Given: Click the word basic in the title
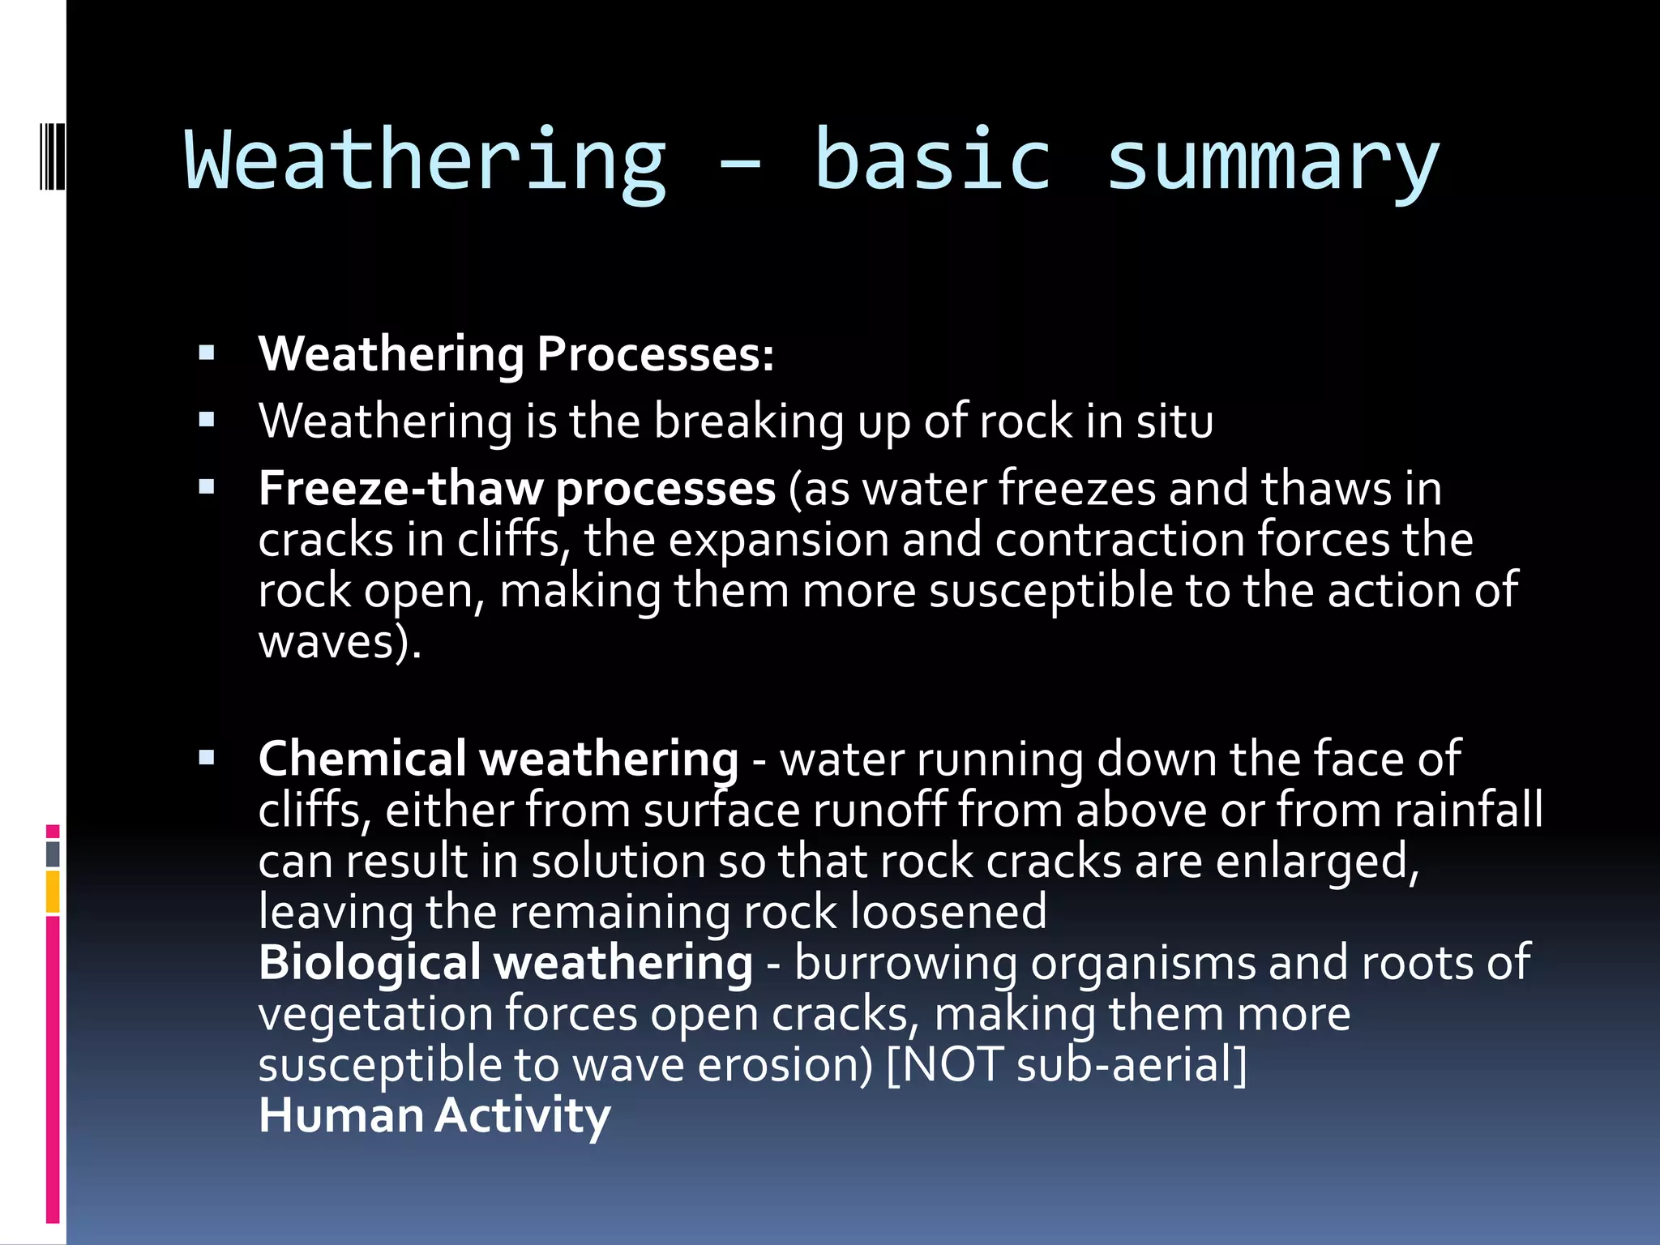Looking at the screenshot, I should [932, 160].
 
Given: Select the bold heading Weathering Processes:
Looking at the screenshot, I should [516, 354].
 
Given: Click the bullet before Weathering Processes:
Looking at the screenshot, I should [207, 353].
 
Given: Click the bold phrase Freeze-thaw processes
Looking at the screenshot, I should [517, 489].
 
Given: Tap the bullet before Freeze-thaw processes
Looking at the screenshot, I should [207, 487].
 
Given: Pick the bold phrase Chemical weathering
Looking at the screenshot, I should [498, 759].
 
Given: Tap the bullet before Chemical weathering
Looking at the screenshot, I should [207, 758].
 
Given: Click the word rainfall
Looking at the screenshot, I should [1468, 810].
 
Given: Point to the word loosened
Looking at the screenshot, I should [948, 912].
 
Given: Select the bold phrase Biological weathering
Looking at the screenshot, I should [505, 963].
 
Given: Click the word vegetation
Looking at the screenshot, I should [375, 1014].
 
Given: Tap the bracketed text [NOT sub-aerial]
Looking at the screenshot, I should [1067, 1065].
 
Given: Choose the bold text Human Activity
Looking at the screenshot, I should [434, 1116].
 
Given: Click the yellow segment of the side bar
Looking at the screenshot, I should [53, 892].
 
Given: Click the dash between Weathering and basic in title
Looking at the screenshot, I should [739, 166].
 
